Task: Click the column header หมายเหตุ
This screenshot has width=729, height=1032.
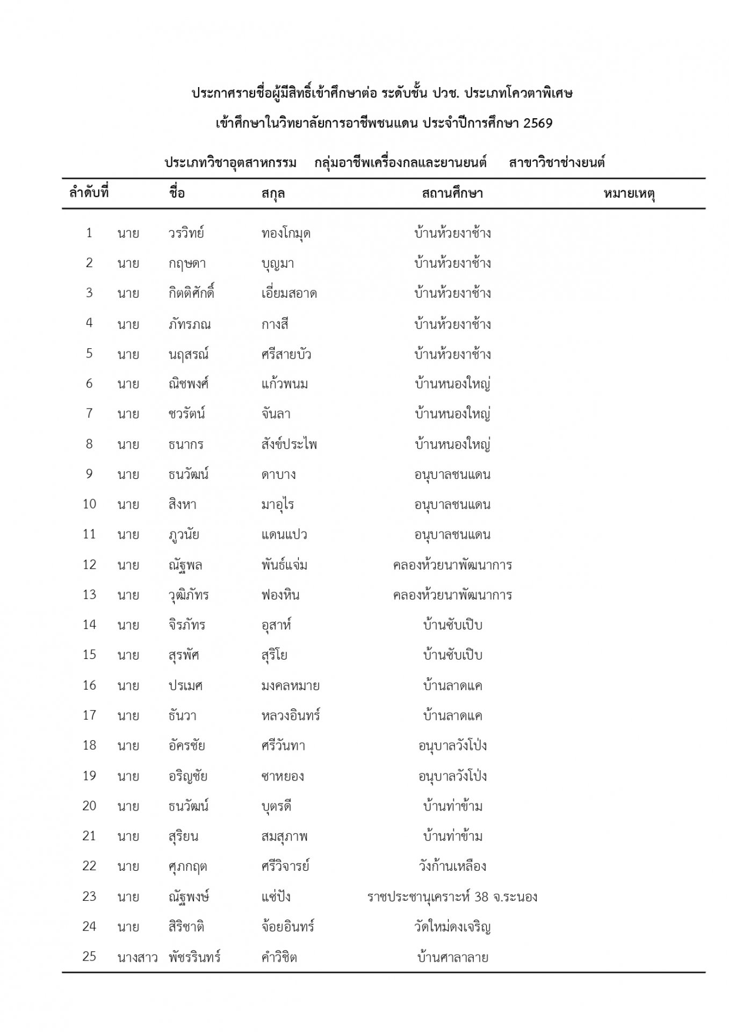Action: pos(629,193)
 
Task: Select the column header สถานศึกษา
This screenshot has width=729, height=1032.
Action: pos(452,193)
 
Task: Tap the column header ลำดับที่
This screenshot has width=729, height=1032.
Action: pos(89,192)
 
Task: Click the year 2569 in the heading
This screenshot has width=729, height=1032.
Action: pos(538,123)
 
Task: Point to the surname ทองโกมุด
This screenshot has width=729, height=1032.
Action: pos(286,233)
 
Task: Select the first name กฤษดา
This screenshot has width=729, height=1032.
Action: pos(186,263)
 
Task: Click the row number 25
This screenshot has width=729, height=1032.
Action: pos(89,956)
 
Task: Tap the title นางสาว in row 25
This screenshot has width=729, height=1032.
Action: pos(137,957)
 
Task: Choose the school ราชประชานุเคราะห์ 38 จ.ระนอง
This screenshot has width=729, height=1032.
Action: pos(452,897)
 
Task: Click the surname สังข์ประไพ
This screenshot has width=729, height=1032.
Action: pos(289,445)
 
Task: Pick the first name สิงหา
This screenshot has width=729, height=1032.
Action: pos(182,505)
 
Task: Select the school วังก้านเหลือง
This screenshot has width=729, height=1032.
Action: pos(452,866)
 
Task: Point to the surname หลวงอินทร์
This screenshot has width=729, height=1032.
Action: pos(291,715)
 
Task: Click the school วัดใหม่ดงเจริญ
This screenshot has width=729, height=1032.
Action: pos(452,927)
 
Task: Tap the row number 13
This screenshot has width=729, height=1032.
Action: pos(89,594)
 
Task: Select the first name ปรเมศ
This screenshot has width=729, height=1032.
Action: pos(185,685)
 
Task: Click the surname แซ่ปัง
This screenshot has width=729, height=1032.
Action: pos(276,897)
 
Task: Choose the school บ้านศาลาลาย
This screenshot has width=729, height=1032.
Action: pos(452,957)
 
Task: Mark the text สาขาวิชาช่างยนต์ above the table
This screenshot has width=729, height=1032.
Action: pos(557,163)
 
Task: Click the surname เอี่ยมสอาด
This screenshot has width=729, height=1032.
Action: pos(289,293)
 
